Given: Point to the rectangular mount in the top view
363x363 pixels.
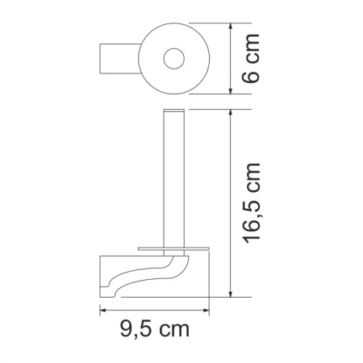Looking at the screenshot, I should click(x=116, y=59).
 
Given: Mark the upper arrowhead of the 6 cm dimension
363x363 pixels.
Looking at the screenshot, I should click(x=232, y=26).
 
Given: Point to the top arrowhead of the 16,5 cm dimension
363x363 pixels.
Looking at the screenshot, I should click(x=232, y=110).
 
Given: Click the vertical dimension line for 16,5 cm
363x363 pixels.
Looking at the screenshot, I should click(x=232, y=202).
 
